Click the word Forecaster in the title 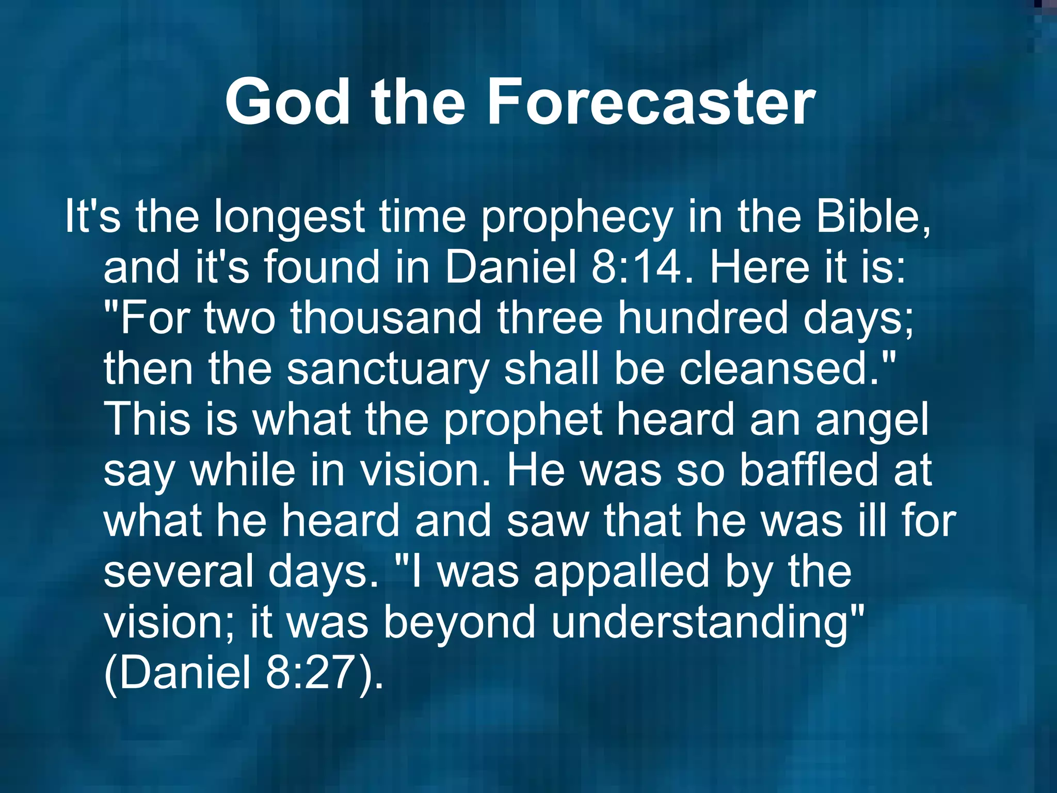651,102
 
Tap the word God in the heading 287,102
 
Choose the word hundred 703,318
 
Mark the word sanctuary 388,369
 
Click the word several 179,571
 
